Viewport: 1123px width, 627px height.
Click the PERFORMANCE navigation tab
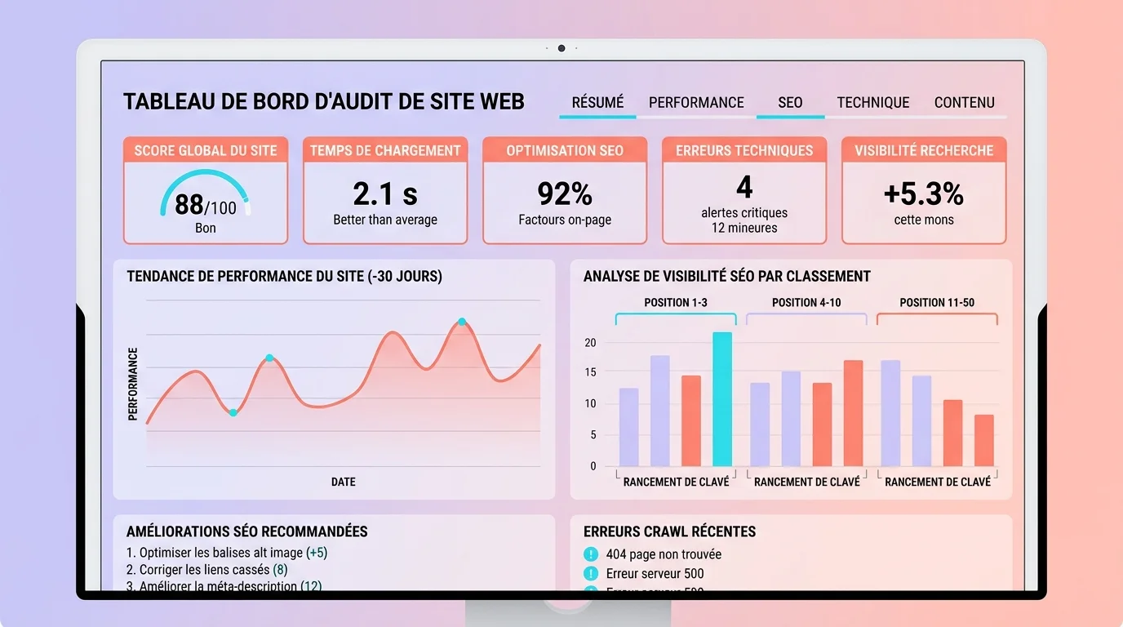696,103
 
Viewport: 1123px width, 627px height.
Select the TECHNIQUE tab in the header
872,103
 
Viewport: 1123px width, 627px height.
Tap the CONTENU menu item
964,103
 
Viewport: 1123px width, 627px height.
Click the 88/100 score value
205,205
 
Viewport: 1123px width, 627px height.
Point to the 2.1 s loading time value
385,194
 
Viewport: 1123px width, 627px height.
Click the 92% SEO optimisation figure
565,194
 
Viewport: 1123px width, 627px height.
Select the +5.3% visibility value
923,194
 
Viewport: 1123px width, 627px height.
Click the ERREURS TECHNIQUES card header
744,150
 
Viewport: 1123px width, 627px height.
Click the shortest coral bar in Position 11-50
984,440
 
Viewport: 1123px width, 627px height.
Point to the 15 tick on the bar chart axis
590,372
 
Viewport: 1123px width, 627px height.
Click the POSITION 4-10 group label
806,303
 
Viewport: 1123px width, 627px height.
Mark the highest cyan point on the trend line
462,322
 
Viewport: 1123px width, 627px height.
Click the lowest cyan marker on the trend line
233,413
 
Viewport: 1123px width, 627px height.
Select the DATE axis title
343,482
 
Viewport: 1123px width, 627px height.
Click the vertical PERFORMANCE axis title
133,384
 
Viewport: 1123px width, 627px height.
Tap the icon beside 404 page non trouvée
591,554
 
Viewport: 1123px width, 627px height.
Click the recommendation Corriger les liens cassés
206,570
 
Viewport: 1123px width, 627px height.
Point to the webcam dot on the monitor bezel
561,48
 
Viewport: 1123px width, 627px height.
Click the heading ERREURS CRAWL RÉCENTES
669,531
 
